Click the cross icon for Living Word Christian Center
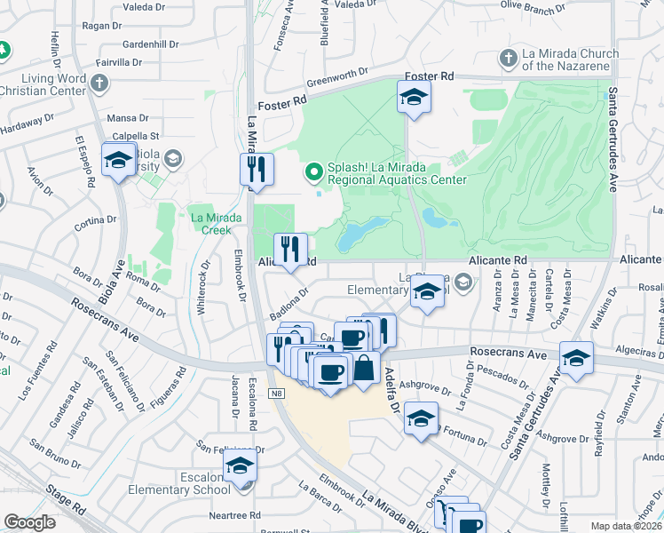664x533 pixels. (99, 84)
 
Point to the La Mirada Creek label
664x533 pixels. (210, 223)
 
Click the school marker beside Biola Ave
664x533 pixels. (117, 161)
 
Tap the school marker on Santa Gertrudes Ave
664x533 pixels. (576, 359)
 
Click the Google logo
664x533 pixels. (30, 521)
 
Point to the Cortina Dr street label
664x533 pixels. (95, 224)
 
